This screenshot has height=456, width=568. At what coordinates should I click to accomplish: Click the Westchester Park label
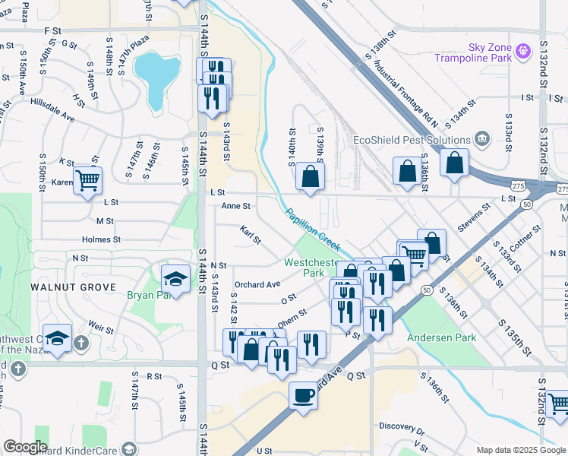pyautogui.click(x=309, y=267)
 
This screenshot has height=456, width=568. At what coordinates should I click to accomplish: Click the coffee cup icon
pyautogui.click(x=303, y=396)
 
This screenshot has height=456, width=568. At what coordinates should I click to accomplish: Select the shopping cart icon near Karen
pyautogui.click(x=88, y=180)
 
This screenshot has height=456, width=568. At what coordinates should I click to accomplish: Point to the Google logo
pyautogui.click(x=25, y=447)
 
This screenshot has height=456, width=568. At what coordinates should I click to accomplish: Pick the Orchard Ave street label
pyautogui.click(x=257, y=284)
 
